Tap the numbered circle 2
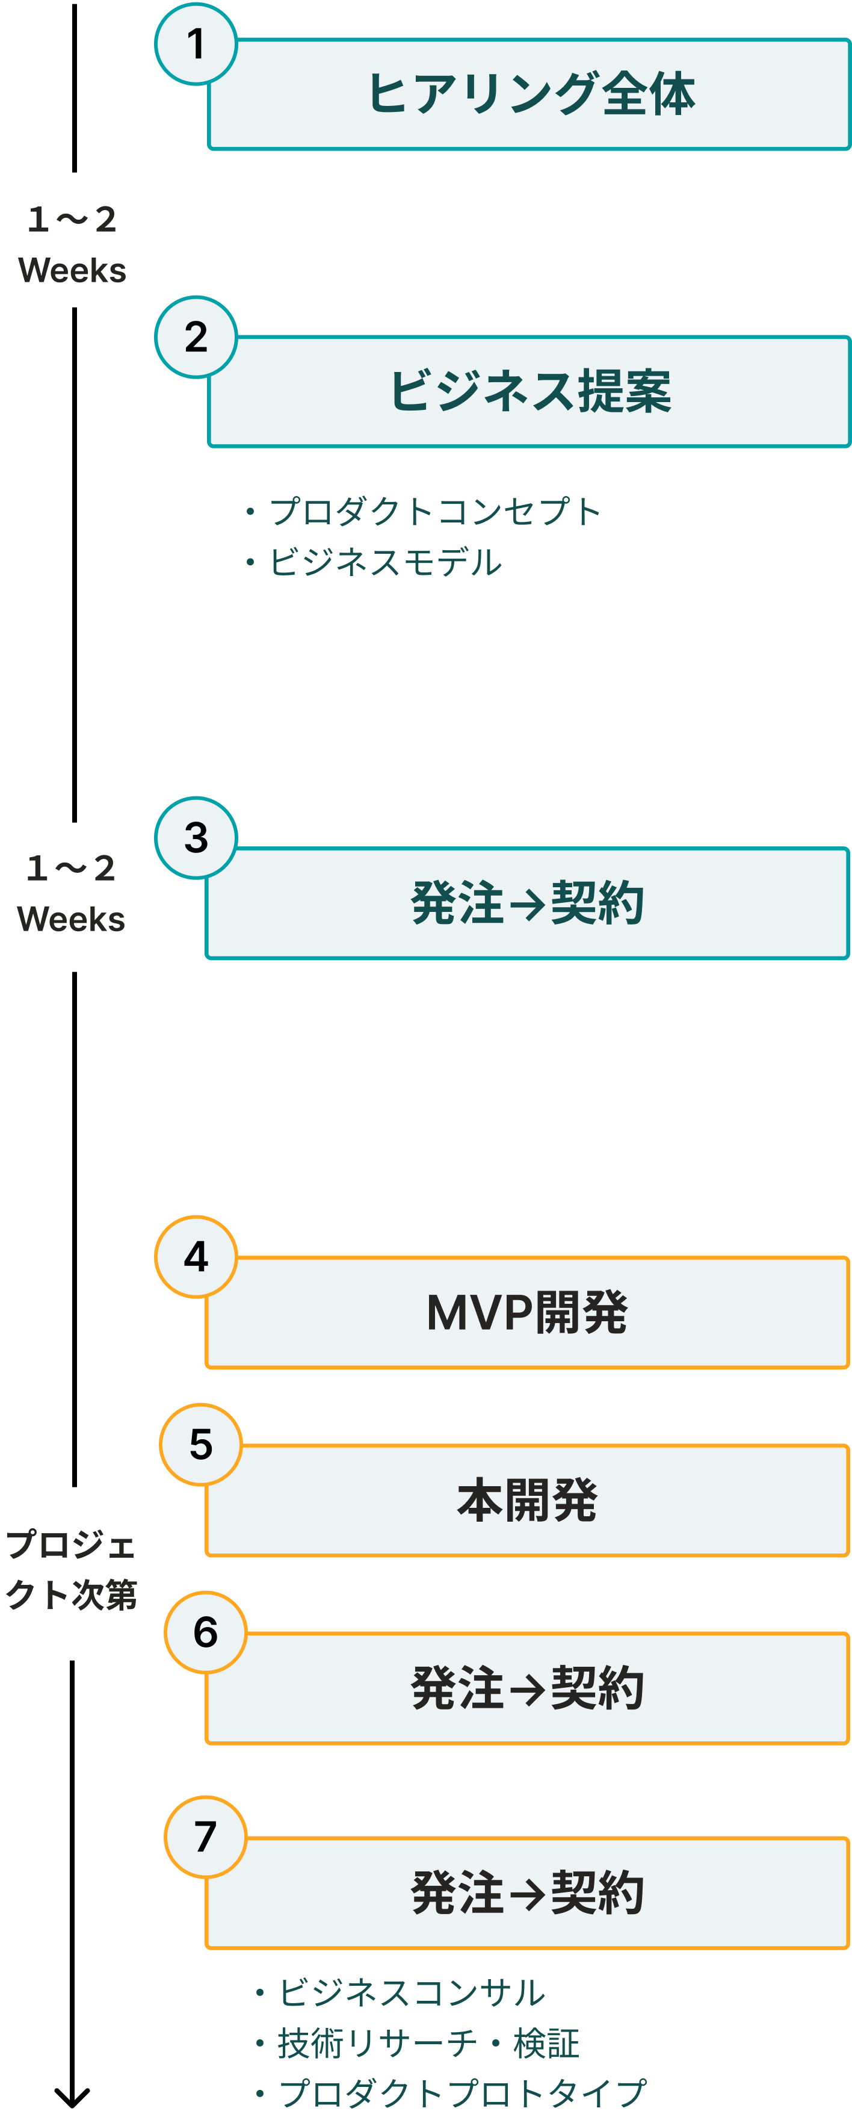(x=196, y=337)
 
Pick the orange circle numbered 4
(x=196, y=1257)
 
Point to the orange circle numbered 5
(x=200, y=1444)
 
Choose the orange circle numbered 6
(x=205, y=1631)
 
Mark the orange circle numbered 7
(x=205, y=1836)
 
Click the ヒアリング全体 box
(x=530, y=95)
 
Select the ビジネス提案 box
(x=530, y=391)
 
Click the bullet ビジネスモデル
(x=374, y=562)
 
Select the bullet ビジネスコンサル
(x=400, y=1992)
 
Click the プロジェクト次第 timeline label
(x=70, y=1570)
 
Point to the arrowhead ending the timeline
(x=72, y=2105)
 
